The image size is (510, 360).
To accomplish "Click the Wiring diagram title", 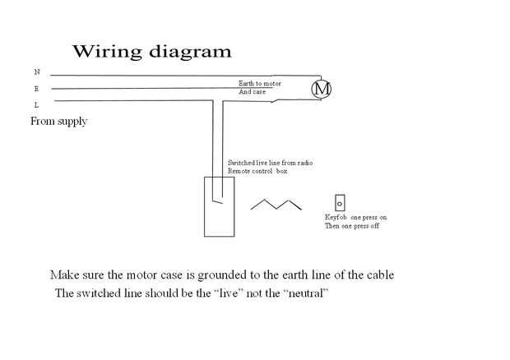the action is coord(152,51).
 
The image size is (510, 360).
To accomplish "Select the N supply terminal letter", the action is coord(36,72).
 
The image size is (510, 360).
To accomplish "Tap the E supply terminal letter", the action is coord(36,88).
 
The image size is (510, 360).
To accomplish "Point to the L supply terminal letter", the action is coord(36,104).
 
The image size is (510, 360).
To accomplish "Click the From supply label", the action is coord(58,122).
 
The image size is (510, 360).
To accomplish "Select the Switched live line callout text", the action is coord(270,163).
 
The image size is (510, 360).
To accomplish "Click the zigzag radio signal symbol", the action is coord(276,204).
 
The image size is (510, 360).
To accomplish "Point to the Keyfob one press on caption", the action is coord(355,217).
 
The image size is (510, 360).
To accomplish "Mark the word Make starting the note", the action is coord(63,274).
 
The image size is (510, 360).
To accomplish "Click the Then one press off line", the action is coord(352,225).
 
